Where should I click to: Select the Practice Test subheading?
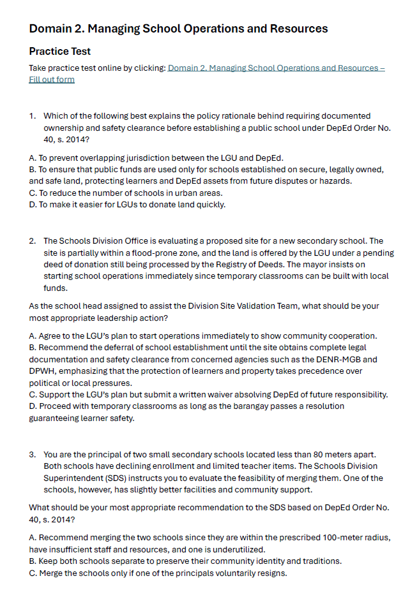point(60,52)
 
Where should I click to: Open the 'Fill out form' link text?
point(52,80)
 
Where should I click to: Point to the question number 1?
point(32,116)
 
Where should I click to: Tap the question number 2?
point(32,241)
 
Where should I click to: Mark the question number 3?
point(32,455)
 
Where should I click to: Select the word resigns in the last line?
point(272,573)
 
